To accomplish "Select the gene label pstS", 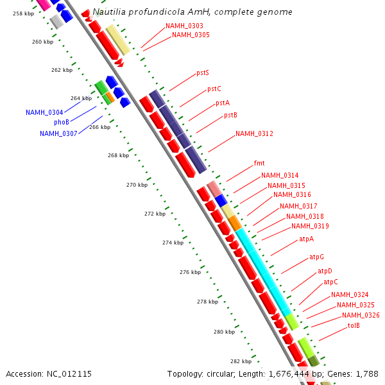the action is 202,73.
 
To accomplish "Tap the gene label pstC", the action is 214,89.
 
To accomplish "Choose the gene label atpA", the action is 306,239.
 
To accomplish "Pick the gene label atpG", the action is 316,257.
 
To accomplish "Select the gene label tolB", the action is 354,325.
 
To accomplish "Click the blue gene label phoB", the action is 62,122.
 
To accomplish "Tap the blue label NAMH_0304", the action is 44,112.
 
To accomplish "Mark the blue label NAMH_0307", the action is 58,133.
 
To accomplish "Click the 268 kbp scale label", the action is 118,155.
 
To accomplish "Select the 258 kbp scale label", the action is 23,13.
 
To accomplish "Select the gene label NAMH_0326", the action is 361,315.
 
